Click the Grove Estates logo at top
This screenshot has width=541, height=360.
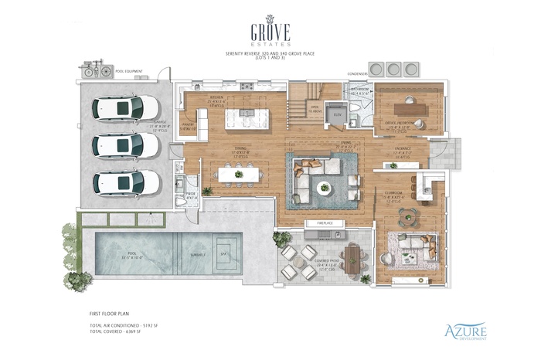[270, 31]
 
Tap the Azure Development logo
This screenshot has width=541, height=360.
[464, 331]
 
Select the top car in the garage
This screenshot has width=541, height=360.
[127, 107]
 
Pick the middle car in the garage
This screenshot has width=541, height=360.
[127, 145]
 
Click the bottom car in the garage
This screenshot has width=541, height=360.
[127, 183]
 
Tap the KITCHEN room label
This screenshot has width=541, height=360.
[217, 98]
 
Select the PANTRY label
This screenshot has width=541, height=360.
[188, 124]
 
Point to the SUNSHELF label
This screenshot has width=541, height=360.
[199, 253]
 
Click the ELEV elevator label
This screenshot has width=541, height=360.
[337, 114]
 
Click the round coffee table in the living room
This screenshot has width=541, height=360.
[325, 186]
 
